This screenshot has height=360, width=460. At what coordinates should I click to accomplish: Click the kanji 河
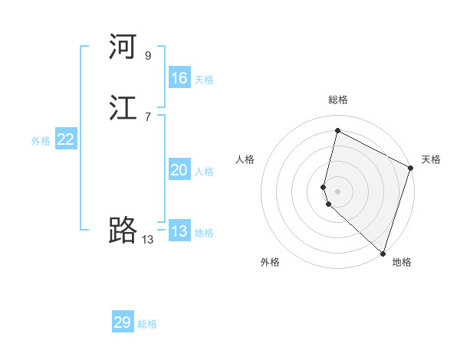[123, 47]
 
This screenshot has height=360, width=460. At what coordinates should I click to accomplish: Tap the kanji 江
[123, 109]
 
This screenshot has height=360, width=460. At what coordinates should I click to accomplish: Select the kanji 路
[123, 231]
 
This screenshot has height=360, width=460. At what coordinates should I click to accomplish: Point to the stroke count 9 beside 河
[148, 56]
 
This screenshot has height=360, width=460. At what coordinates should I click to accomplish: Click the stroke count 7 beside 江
[148, 116]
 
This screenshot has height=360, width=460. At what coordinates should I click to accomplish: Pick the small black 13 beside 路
[148, 239]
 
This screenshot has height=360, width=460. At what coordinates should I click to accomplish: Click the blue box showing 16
[179, 78]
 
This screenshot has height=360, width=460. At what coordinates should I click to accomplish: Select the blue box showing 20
[179, 171]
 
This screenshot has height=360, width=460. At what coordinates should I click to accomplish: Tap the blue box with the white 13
[179, 231]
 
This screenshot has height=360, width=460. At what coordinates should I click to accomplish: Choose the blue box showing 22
[66, 139]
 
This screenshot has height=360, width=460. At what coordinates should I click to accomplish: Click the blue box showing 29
[123, 322]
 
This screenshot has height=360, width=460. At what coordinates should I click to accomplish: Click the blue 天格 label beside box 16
[204, 80]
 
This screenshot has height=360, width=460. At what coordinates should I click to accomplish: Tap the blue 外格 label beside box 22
[41, 141]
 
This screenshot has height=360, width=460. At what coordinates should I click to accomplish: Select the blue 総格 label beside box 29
[147, 324]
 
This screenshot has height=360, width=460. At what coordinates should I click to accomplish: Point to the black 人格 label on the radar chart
[245, 159]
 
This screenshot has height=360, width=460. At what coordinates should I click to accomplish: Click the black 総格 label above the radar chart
[337, 100]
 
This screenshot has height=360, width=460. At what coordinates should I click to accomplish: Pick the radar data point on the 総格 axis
[337, 130]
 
